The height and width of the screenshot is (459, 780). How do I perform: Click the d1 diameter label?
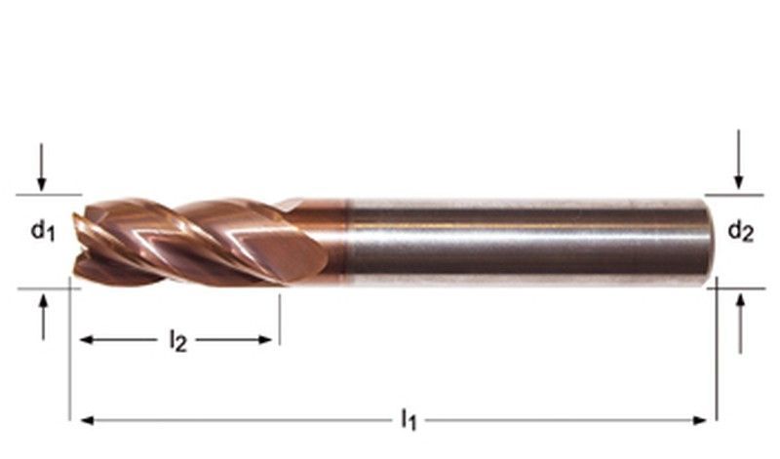tap(43, 231)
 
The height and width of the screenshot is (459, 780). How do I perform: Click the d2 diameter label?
tap(741, 231)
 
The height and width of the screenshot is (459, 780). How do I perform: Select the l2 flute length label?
tap(178, 341)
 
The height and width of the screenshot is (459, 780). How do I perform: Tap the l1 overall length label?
tap(409, 419)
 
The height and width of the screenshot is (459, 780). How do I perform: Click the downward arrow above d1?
tap(41, 168)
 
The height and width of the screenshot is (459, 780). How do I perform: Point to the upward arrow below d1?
tap(44, 317)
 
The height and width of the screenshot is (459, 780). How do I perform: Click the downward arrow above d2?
tap(739, 160)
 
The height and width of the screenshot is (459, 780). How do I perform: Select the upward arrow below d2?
tap(741, 324)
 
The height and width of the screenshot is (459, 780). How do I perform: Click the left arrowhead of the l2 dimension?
tap(87, 340)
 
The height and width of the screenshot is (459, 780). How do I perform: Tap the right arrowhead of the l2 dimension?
tap(265, 340)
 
